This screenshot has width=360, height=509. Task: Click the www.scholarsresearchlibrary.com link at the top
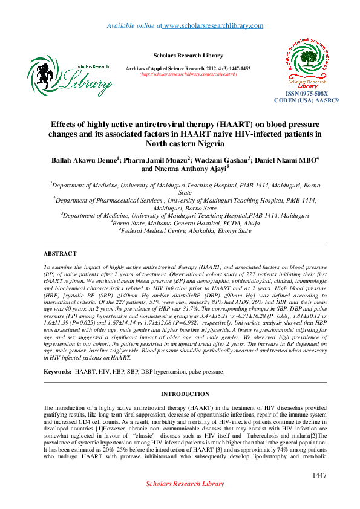tap(214, 25)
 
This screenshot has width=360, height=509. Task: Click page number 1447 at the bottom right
tap(319, 476)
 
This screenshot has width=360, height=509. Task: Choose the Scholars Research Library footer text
tap(185, 484)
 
